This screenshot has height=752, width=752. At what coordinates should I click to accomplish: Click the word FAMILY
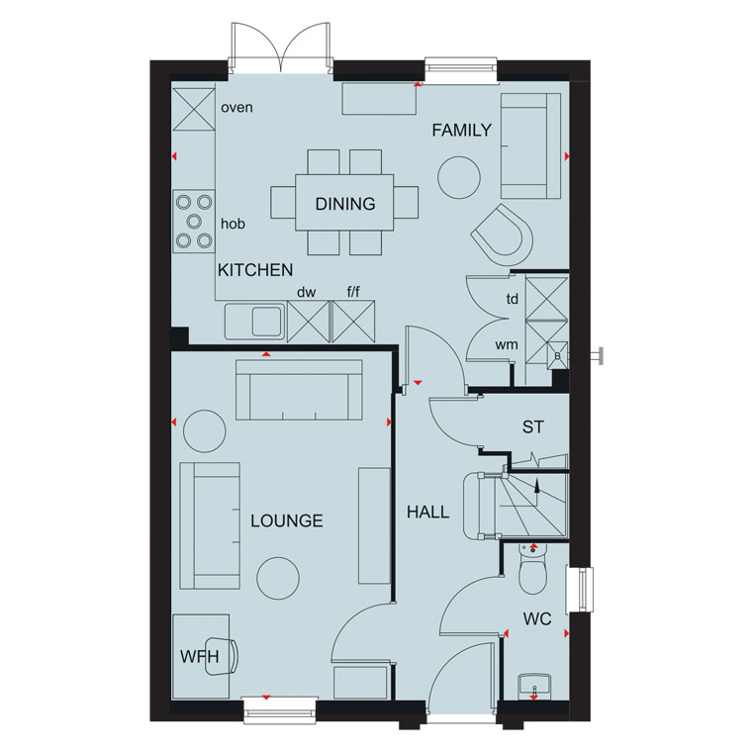tap(461, 130)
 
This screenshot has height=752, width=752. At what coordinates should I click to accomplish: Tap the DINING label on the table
tap(345, 204)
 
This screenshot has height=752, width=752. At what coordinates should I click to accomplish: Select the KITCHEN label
tap(255, 270)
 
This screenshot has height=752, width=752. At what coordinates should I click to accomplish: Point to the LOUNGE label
tap(287, 520)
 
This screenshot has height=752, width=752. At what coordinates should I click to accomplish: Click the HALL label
tap(427, 513)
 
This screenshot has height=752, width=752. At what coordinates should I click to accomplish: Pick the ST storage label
tap(532, 426)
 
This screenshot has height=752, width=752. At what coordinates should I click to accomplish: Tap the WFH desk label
tap(200, 657)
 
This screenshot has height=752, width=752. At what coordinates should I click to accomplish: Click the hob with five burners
tap(194, 221)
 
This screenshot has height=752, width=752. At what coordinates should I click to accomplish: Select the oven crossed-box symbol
tap(194, 110)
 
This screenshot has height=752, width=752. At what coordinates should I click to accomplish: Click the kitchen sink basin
tap(266, 321)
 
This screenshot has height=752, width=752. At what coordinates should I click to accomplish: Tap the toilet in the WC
tap(532, 571)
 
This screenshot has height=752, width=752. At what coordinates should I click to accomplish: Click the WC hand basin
tap(534, 687)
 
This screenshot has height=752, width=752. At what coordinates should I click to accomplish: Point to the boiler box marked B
tap(557, 355)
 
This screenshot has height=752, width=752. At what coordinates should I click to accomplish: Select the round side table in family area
tap(459, 177)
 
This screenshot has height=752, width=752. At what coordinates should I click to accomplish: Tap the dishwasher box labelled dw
tap(309, 322)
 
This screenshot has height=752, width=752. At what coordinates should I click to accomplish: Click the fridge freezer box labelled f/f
tap(353, 322)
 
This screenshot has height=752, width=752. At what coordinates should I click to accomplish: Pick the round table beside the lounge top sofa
tap(204, 430)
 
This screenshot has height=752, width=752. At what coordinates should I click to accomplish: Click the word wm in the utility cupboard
tap(507, 344)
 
